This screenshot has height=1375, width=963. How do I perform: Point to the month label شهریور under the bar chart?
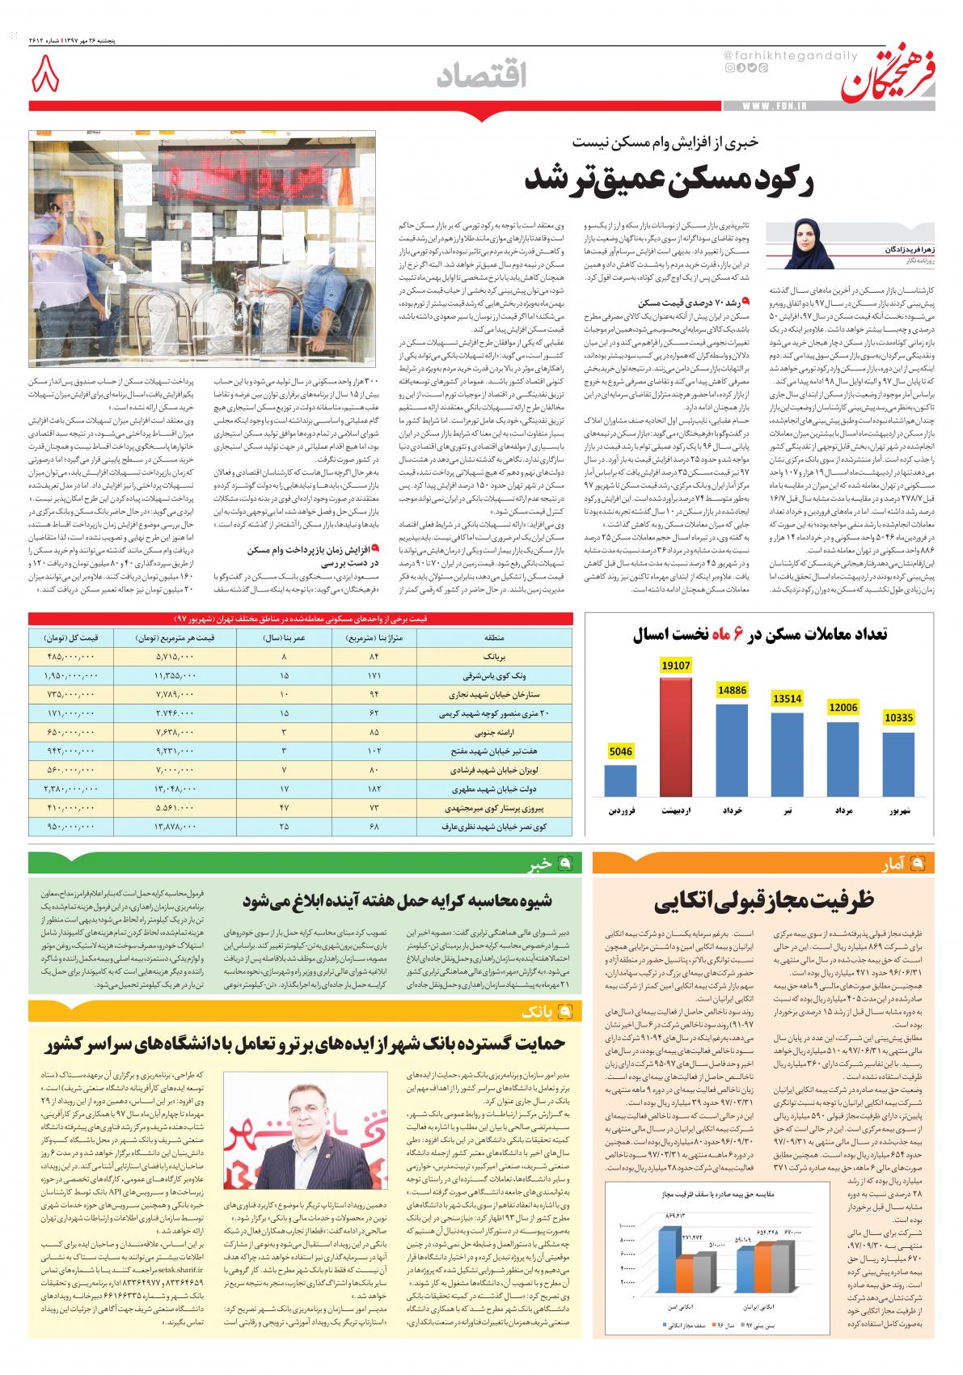tap(899, 808)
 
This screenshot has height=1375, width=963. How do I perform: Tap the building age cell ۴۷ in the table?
tap(285, 807)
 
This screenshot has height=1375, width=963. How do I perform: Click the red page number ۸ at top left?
tap(47, 78)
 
